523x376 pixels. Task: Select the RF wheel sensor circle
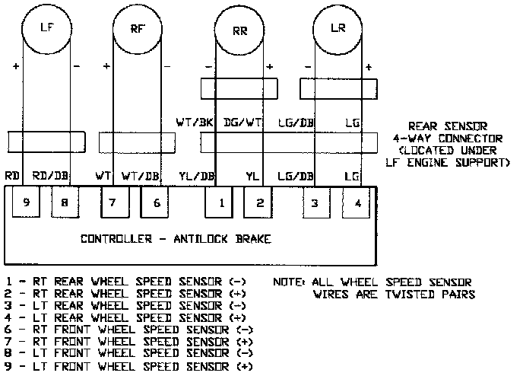coord(138,28)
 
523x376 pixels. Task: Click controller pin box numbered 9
coord(27,202)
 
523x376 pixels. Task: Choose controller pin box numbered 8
coord(65,202)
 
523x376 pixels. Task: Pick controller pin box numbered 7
coord(113,202)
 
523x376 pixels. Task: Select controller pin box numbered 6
coord(156,202)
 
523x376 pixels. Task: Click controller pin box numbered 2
coord(259,202)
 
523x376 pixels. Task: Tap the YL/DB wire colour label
coord(196,177)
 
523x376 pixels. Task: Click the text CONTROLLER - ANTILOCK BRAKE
coord(176,240)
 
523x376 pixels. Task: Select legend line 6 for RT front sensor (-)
coord(129,330)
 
